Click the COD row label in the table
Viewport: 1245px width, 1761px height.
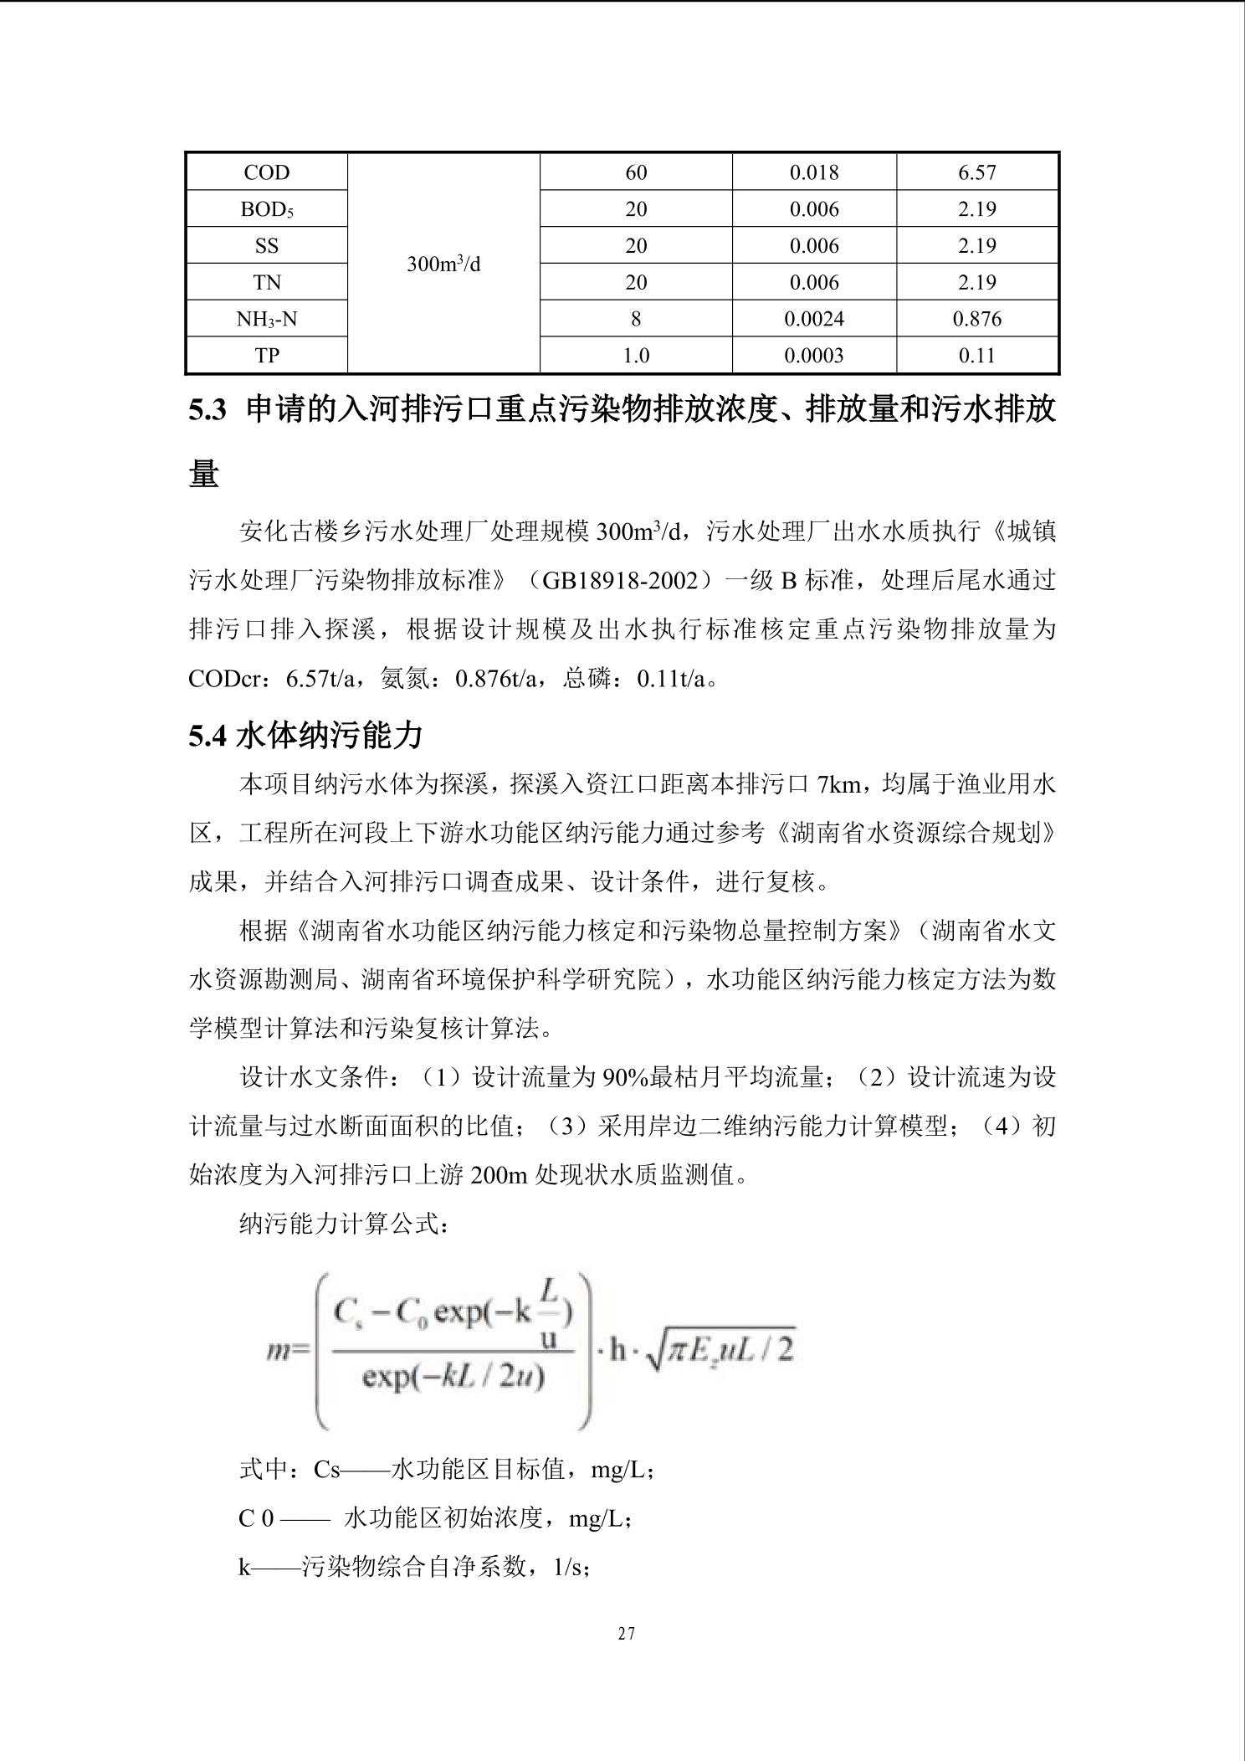pos(267,172)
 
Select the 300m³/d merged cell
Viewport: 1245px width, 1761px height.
pos(443,264)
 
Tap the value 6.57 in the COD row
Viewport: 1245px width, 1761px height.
pos(976,172)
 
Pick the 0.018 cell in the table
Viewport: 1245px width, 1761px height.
pos(814,172)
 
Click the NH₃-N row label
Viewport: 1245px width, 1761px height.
pos(267,319)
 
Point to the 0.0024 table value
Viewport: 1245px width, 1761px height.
pos(814,319)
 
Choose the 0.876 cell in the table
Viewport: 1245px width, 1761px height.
pos(976,319)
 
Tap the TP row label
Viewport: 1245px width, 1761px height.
pos(267,356)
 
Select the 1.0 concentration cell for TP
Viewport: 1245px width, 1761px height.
pos(636,356)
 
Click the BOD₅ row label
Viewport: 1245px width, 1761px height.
pos(267,209)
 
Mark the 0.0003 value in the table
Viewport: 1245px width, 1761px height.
pos(814,356)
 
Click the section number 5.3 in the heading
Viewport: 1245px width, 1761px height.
pos(207,411)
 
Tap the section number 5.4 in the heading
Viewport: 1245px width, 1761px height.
pos(207,736)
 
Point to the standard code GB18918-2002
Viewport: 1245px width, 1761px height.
pos(626,580)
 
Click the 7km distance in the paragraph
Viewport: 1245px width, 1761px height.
pos(838,784)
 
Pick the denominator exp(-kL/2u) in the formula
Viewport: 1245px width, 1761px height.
pos(453,1377)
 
